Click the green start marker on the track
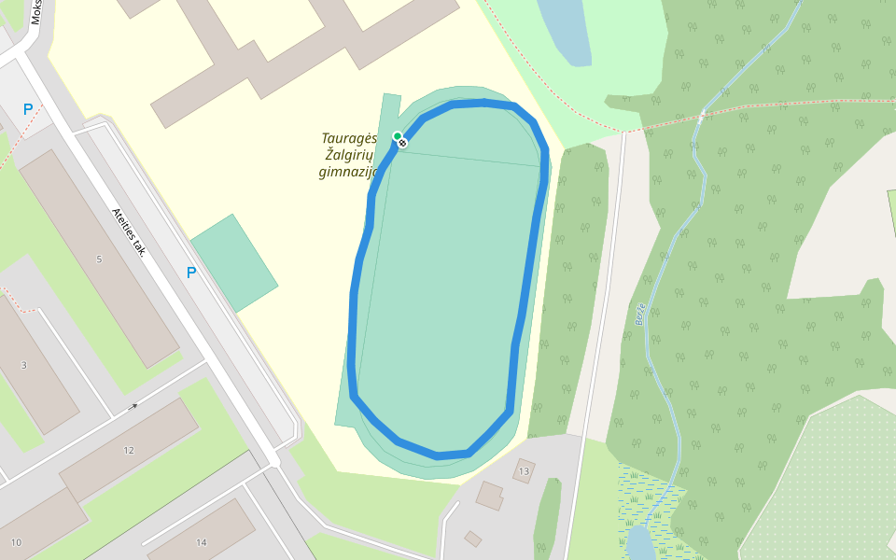click(397, 136)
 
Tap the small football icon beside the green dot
click(402, 143)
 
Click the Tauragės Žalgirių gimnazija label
click(347, 155)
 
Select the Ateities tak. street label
click(129, 231)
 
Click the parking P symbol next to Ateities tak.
click(191, 273)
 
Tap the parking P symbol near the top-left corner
click(28, 109)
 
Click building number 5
click(99, 259)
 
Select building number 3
click(24, 364)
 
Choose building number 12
click(129, 450)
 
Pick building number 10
click(16, 542)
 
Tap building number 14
click(201, 542)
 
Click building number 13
click(524, 471)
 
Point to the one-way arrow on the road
click(133, 406)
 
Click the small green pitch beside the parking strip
click(233, 263)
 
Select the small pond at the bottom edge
click(639, 543)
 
